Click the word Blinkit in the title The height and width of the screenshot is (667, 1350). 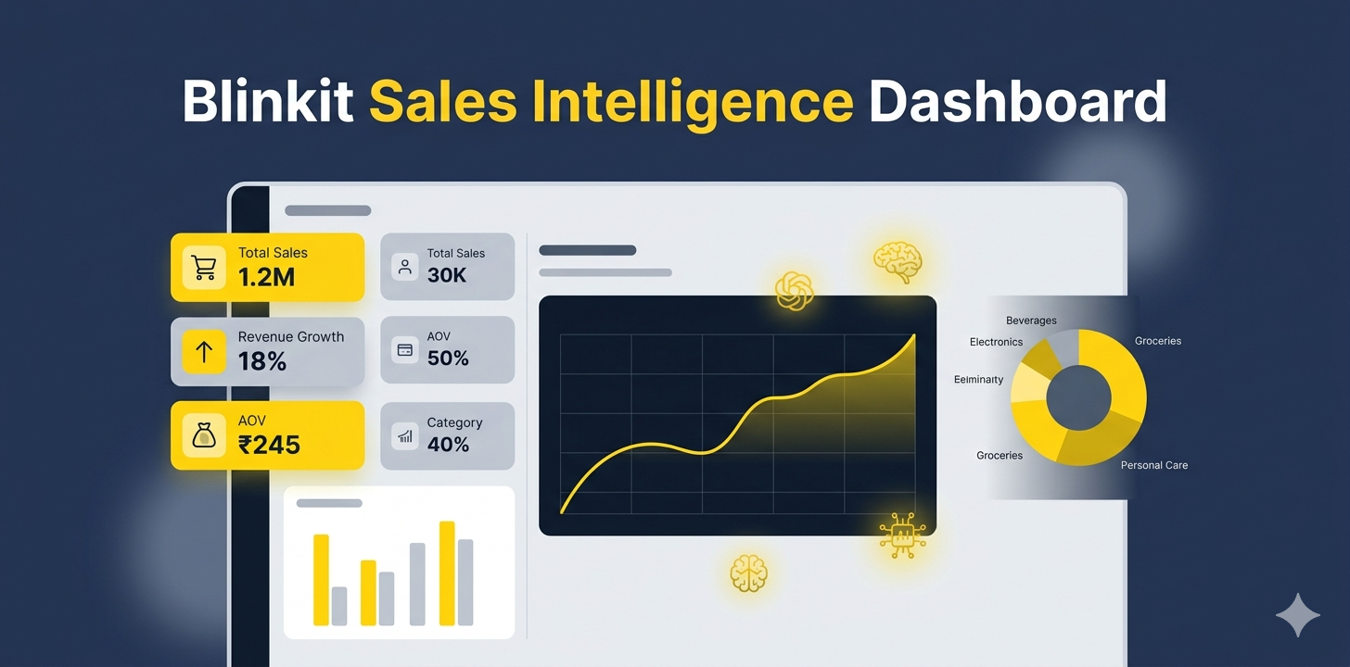(x=267, y=102)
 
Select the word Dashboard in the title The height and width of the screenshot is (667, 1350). (x=1017, y=102)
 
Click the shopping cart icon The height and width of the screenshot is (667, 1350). (x=204, y=268)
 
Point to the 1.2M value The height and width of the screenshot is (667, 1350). (x=266, y=277)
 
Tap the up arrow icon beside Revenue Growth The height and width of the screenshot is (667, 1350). (x=204, y=352)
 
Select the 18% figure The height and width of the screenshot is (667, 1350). (x=262, y=361)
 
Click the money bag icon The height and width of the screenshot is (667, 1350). (x=204, y=435)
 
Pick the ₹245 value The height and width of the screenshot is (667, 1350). (x=269, y=445)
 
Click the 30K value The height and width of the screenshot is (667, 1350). (x=447, y=275)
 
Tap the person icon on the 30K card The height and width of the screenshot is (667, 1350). (x=404, y=267)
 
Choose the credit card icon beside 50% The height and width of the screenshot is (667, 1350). (x=404, y=350)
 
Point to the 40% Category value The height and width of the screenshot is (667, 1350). (x=448, y=445)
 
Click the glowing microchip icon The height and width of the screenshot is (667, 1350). (x=901, y=535)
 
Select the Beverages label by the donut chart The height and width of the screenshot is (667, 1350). (x=1031, y=321)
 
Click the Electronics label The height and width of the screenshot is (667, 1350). (x=996, y=342)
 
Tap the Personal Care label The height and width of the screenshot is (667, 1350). (x=1153, y=465)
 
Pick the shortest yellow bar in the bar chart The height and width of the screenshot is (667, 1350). (x=368, y=592)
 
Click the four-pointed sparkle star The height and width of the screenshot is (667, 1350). (x=1297, y=615)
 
